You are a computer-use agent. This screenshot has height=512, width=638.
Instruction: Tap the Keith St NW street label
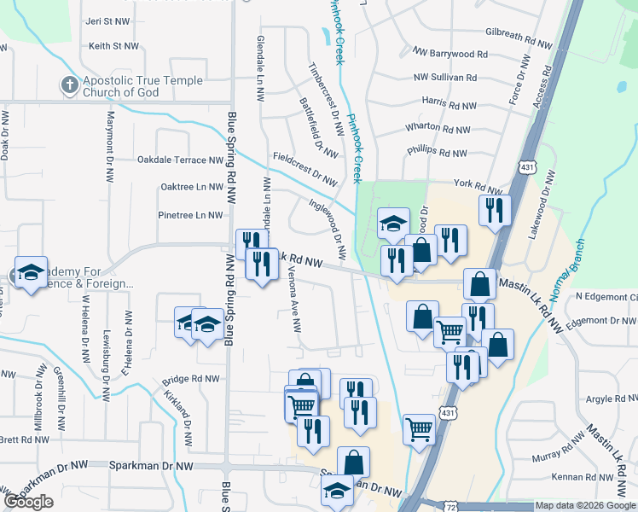(x=113, y=45)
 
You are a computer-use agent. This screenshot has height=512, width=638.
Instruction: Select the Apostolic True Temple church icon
(x=69, y=84)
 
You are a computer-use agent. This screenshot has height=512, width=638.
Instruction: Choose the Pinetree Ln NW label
(x=191, y=215)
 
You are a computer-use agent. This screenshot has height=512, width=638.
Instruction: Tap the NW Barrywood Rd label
(x=450, y=54)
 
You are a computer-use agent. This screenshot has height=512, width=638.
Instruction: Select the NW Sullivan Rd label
(x=450, y=77)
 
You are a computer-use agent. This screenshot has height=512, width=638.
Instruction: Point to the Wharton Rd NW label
(x=438, y=128)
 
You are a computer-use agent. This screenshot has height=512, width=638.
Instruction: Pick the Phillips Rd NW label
(x=438, y=154)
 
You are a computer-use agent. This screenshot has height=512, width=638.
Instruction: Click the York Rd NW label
(x=478, y=183)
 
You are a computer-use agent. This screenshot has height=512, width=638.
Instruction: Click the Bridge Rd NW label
(x=191, y=379)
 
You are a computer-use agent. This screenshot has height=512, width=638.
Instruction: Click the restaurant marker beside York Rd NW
(x=496, y=210)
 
